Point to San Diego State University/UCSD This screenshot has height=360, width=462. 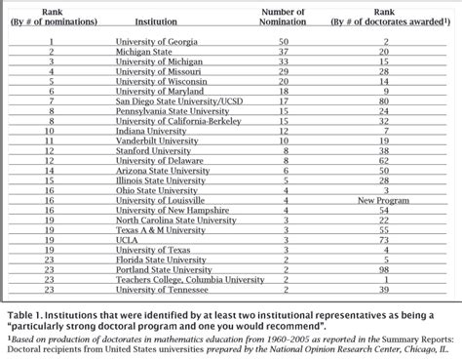[x=179, y=100]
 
